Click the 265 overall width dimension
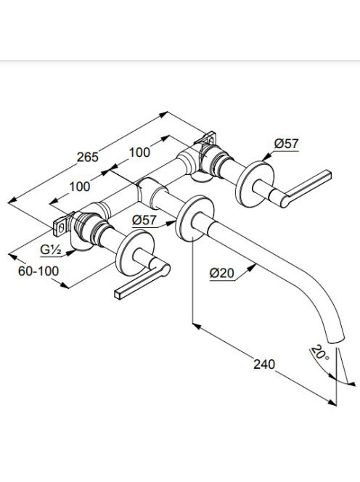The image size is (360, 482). pyautogui.click(x=88, y=157)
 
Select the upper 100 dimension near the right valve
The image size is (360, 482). pyautogui.click(x=139, y=152)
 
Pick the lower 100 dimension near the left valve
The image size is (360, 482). pyautogui.click(x=80, y=187)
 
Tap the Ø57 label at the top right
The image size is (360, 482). pyautogui.click(x=286, y=144)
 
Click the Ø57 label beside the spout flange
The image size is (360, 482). pyautogui.click(x=144, y=220)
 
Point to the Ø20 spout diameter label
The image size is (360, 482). pyautogui.click(x=222, y=273)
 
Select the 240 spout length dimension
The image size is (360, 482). pyautogui.click(x=264, y=364)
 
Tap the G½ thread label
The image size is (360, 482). pyautogui.click(x=51, y=250)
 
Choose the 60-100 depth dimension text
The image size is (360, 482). pyautogui.click(x=38, y=271)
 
